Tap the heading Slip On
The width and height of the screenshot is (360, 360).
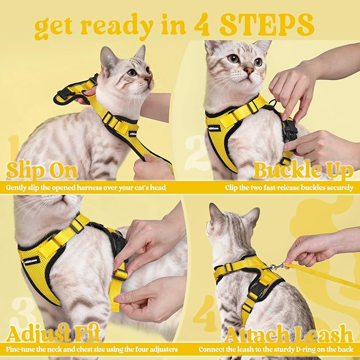coord(42,171)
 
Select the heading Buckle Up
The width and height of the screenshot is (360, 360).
coord(303,171)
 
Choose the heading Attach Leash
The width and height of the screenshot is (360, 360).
coord(289,334)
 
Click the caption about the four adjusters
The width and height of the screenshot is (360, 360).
coord(92,350)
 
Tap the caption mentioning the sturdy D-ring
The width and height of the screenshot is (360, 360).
coord(276,350)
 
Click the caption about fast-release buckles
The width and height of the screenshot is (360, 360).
coord(289,187)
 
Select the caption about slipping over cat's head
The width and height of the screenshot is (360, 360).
coord(86,187)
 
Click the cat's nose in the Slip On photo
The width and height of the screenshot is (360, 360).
coord(149,80)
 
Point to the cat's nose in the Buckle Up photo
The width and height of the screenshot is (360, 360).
coord(249,70)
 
